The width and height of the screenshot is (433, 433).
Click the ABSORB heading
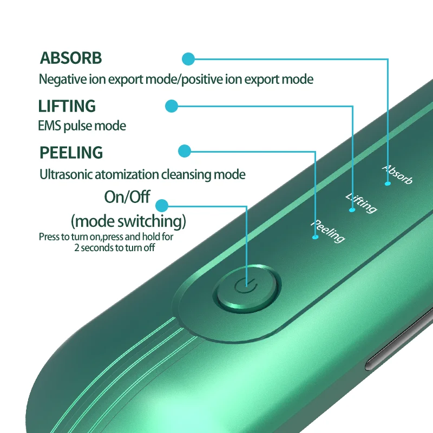(x=70, y=58)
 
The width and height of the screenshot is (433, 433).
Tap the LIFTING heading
(x=67, y=106)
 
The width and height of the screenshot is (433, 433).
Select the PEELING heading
(x=71, y=153)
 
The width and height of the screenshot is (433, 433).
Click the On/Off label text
(x=127, y=196)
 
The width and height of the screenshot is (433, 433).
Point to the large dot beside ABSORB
(x=188, y=58)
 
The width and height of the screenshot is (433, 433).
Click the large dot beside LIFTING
(x=171, y=106)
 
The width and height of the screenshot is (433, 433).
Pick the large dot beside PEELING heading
(x=185, y=151)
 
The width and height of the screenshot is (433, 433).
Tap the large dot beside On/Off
(x=161, y=205)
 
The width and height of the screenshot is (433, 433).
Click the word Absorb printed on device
(x=398, y=174)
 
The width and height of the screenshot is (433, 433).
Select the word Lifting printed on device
(x=361, y=202)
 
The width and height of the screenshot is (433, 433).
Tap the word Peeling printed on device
(x=328, y=231)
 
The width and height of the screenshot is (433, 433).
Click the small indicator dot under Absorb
(x=388, y=183)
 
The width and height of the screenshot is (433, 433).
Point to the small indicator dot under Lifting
(x=352, y=210)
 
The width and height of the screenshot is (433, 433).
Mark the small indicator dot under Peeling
(x=315, y=237)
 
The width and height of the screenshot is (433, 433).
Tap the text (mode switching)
(x=128, y=221)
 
